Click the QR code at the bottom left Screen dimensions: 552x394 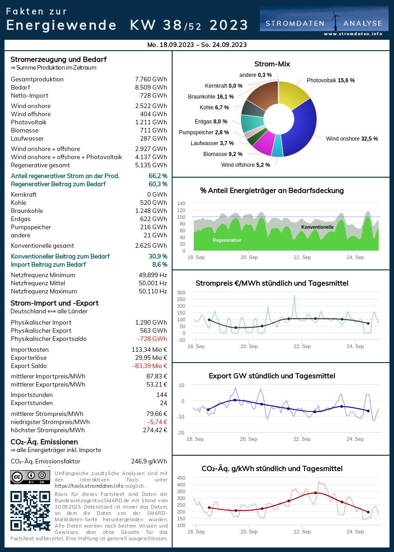point(30,510)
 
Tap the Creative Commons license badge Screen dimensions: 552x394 point(30,477)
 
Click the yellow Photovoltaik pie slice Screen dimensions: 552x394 point(293,94)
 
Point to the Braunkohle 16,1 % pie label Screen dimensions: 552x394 point(211,97)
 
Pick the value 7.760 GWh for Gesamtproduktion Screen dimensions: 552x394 point(151,80)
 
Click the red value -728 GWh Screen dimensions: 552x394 point(152,339)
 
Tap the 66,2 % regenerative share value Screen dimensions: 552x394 point(158,176)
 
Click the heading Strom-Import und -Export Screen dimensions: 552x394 point(54,303)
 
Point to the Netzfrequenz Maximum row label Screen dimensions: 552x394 point(44,292)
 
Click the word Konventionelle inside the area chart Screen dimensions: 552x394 point(317,227)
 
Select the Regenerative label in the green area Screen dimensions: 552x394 point(227,240)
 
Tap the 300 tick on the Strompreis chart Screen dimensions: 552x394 point(181,293)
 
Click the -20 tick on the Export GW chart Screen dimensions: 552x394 point(181,433)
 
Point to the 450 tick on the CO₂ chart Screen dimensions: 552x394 point(181,478)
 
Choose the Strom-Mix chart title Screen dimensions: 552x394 point(272,64)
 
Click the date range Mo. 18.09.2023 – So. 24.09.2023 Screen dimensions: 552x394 point(197,45)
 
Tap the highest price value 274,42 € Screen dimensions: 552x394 point(152,430)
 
